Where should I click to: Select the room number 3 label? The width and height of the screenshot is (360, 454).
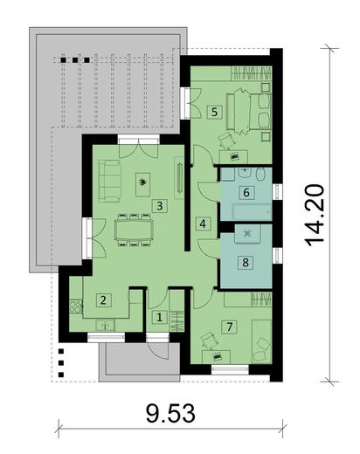pyautogui.click(x=159, y=206)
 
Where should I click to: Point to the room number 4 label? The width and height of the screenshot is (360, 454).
pyautogui.click(x=203, y=224)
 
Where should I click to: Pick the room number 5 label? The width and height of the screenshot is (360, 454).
pyautogui.click(x=214, y=112)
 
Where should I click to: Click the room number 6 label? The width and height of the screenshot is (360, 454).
pyautogui.click(x=247, y=192)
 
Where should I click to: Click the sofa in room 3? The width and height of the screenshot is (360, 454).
pyautogui.click(x=108, y=183)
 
